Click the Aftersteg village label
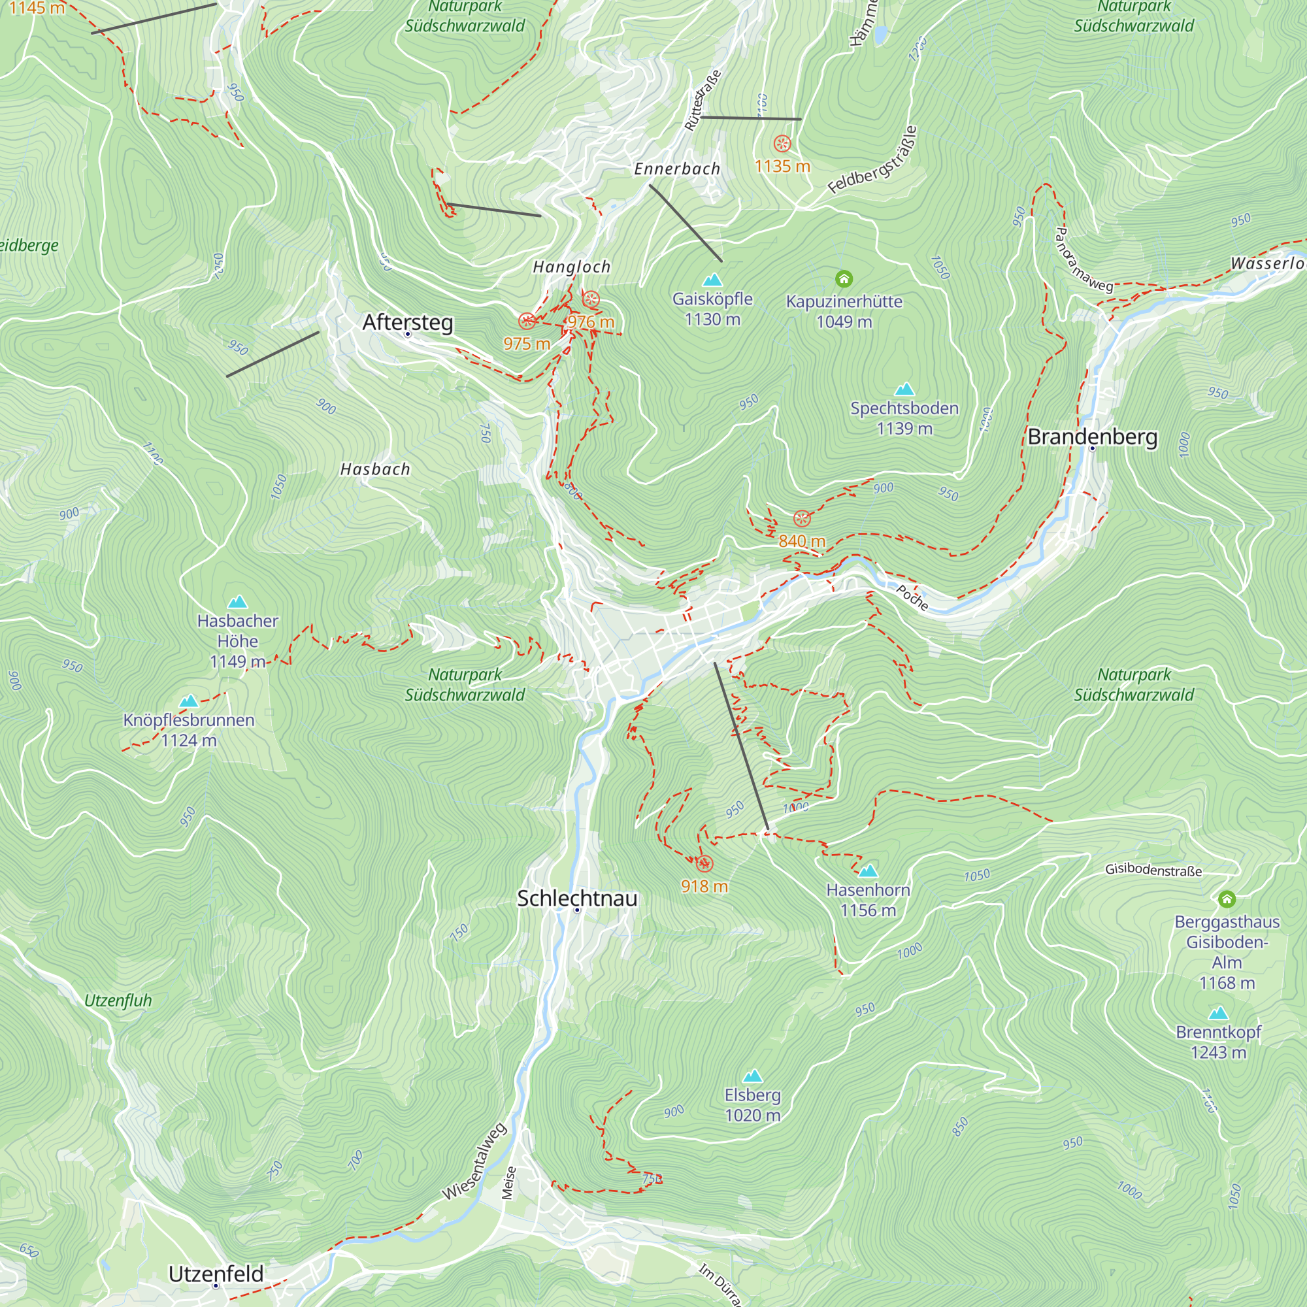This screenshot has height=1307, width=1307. click(407, 322)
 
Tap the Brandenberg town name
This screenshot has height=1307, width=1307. click(1092, 437)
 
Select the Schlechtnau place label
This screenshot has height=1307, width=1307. click(576, 898)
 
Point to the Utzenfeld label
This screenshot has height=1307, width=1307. click(216, 1273)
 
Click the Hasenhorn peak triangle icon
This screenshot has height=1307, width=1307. click(868, 870)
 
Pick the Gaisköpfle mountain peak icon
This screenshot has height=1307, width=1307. click(712, 280)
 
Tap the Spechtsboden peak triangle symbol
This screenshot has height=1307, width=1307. click(904, 388)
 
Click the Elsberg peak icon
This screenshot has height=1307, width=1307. click(752, 1076)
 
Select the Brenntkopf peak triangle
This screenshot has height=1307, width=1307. click(1217, 1013)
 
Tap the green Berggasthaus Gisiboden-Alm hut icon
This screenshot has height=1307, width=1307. click(1227, 899)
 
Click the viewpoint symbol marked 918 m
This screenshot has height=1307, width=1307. click(704, 863)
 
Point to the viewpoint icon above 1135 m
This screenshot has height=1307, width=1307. click(782, 143)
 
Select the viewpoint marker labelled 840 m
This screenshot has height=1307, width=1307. click(802, 519)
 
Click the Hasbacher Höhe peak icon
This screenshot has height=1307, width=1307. click(237, 601)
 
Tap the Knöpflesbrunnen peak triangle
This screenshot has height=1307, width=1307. click(189, 701)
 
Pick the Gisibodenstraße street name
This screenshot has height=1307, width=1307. click(1153, 870)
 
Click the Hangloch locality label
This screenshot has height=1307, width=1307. click(572, 267)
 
